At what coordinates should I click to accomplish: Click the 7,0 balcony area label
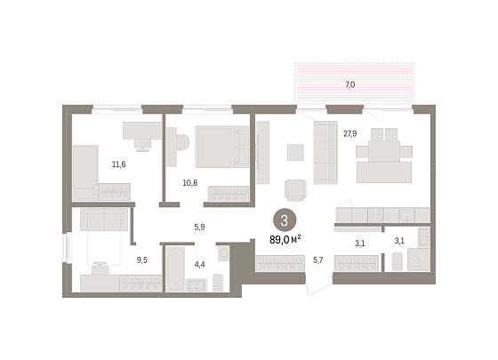click(350, 84)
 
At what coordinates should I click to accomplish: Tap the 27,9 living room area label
click(350, 133)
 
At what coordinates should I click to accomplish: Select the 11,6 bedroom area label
click(119, 164)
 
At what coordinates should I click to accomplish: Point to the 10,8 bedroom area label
click(190, 183)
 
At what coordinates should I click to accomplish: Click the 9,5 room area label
click(142, 260)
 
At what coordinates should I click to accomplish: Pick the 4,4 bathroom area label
click(199, 265)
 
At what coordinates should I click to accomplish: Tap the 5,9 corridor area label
click(199, 227)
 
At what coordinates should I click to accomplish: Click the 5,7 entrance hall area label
click(318, 260)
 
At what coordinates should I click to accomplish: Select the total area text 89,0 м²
click(285, 240)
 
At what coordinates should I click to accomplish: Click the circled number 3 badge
click(285, 220)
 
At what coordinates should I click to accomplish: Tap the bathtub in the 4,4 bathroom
click(175, 269)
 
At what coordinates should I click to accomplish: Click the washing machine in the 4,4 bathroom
click(224, 253)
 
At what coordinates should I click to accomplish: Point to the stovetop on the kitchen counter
click(375, 215)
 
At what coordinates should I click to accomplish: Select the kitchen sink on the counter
click(407, 215)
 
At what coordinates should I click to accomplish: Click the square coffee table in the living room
click(295, 152)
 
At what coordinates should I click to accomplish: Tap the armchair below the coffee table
click(295, 190)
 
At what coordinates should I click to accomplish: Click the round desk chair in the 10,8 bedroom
click(182, 142)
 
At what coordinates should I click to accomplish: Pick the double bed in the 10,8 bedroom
click(222, 147)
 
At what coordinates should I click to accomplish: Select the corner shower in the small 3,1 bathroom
click(419, 260)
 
